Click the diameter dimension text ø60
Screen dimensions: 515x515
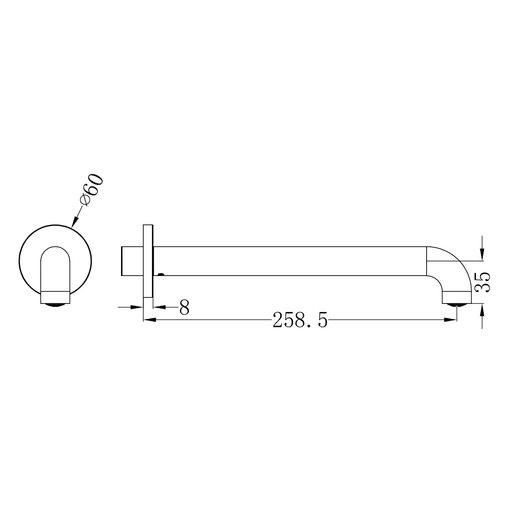click(91, 190)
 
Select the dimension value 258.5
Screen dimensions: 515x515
click(300, 320)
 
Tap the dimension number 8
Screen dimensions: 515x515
click(184, 307)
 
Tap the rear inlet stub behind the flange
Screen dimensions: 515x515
click(132, 261)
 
